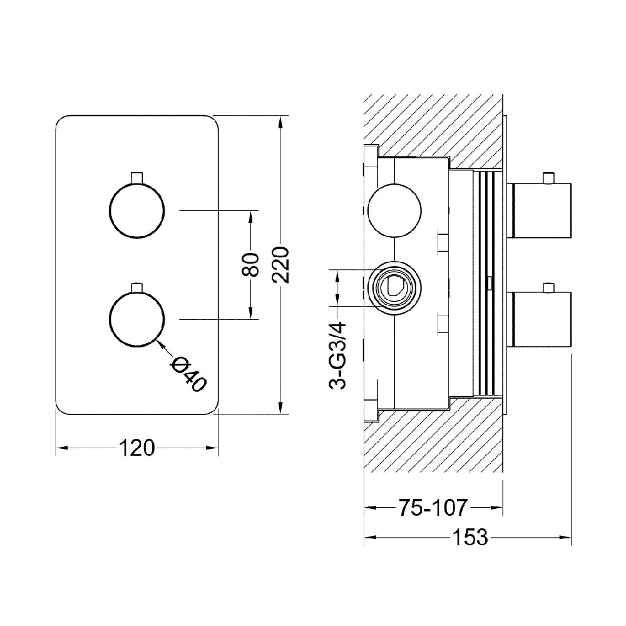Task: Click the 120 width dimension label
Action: click(x=136, y=448)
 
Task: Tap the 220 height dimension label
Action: click(x=281, y=265)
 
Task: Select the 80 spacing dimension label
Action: click(x=251, y=265)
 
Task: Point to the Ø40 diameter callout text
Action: click(x=188, y=374)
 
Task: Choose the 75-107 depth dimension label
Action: click(x=433, y=508)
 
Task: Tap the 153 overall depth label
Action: click(x=470, y=537)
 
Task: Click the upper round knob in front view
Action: click(x=136, y=210)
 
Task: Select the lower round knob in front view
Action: click(x=136, y=319)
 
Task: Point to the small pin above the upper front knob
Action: click(x=136, y=178)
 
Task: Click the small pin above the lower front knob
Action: click(x=136, y=287)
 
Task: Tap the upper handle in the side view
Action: click(x=539, y=210)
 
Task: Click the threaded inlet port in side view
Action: click(x=394, y=288)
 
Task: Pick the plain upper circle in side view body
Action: click(x=394, y=210)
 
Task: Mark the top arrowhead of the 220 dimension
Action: click(x=281, y=122)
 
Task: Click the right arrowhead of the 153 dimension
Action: click(x=565, y=537)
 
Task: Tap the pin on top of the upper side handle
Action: click(x=548, y=178)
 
